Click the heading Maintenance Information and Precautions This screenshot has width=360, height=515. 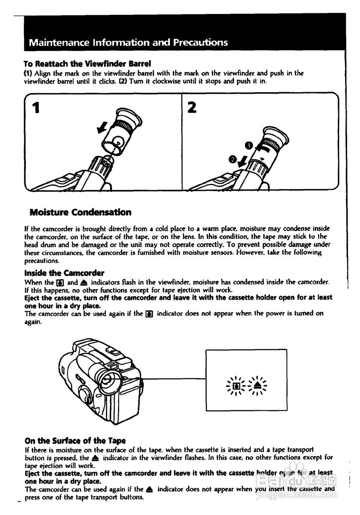click(x=128, y=42)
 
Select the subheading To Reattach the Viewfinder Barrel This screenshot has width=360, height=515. click(x=87, y=64)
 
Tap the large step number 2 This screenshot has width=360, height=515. click(x=192, y=107)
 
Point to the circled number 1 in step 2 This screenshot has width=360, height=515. click(x=248, y=144)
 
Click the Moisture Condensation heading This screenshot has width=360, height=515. click(x=81, y=212)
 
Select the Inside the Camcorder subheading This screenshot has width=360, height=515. click(x=64, y=273)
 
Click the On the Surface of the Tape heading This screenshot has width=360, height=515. click(x=75, y=441)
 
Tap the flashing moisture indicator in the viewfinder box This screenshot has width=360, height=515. click(x=237, y=387)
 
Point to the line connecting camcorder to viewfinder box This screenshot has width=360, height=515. click(x=173, y=379)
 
